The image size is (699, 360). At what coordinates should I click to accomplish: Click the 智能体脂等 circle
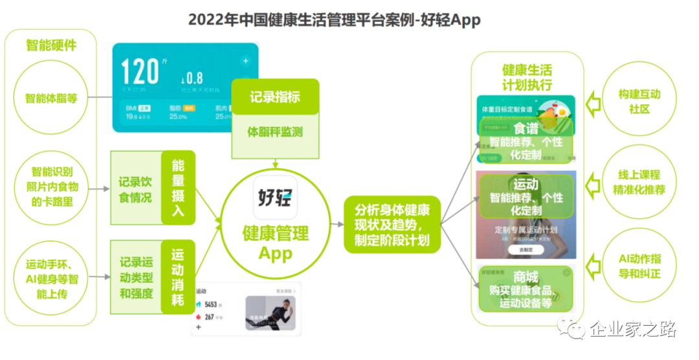[x=51, y=98]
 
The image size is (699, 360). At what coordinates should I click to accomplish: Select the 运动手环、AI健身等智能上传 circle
[x=51, y=279]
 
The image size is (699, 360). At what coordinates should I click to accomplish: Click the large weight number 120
[x=140, y=71]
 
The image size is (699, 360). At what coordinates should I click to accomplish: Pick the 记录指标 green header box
[x=275, y=97]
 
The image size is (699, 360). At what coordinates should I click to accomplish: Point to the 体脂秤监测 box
[x=275, y=132]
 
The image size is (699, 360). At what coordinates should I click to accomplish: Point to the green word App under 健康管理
[x=275, y=253]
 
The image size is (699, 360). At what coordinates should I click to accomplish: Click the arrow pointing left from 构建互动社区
[x=590, y=102]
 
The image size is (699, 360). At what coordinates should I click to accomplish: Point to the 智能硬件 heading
[x=51, y=45]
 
